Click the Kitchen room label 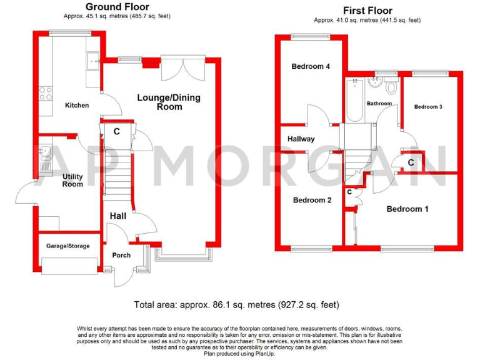pos(77,105)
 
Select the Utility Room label pos(72,180)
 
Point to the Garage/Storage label pos(67,246)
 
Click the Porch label pos(121,255)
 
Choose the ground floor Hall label pos(119,216)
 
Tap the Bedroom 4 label pos(311,66)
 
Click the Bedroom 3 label pos(428,107)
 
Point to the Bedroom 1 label pos(407,209)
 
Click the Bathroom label pos(379,103)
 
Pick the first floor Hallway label pos(301,139)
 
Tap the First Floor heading pos(367,11)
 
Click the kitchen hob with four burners pos(46,94)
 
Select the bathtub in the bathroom pos(353,100)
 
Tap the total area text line pos(236,305)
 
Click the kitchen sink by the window pos(94,61)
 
